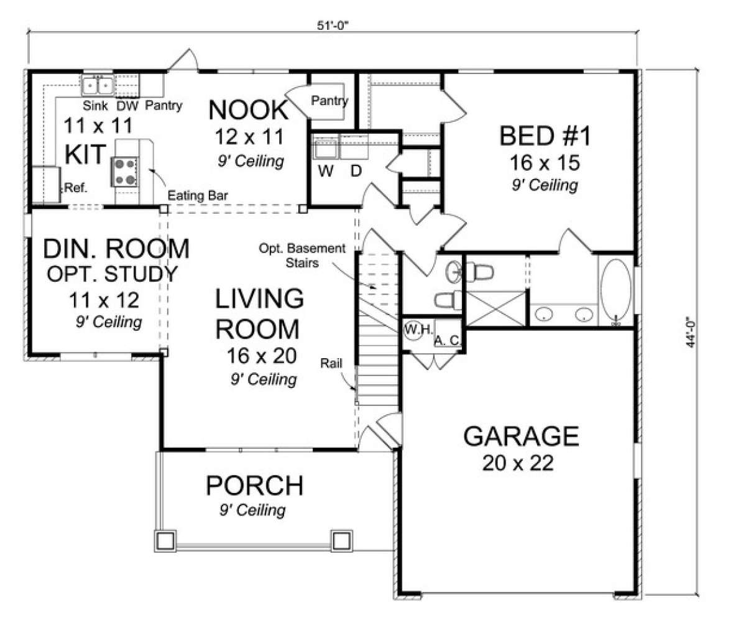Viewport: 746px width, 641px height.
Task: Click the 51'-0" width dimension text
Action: [333, 25]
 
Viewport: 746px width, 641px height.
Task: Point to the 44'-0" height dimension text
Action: [690, 332]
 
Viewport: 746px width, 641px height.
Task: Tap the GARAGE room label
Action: [521, 436]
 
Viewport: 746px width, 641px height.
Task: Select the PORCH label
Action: [254, 486]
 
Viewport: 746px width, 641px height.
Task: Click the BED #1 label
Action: [545, 136]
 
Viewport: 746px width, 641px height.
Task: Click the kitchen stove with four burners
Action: [124, 172]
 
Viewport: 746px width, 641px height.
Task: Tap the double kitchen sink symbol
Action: [98, 86]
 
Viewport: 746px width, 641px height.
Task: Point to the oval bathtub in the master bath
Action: [615, 290]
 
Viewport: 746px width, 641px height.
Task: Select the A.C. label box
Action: [448, 333]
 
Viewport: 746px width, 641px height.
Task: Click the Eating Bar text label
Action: [198, 196]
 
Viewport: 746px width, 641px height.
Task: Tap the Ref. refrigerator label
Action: [75, 188]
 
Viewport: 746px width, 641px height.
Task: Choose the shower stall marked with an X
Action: [496, 308]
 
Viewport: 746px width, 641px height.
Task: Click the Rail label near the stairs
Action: [331, 363]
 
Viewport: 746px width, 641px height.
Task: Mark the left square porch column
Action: [165, 541]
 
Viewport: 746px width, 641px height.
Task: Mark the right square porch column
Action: [342, 541]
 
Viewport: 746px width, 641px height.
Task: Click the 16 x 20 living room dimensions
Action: [261, 356]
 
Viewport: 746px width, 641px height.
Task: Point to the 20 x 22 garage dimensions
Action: [518, 463]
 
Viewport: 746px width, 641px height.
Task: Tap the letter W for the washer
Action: [326, 171]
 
